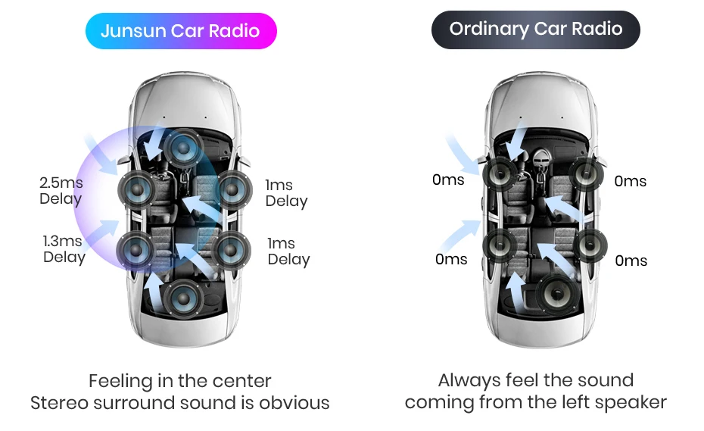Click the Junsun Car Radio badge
tap(180, 31)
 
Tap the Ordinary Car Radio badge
tap(535, 30)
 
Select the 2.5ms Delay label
tap(61, 191)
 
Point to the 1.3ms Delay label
tap(64, 249)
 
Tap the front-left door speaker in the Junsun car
tap(136, 188)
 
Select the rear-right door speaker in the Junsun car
tap(231, 248)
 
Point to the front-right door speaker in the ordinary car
tap(587, 174)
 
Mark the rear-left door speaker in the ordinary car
tap(500, 244)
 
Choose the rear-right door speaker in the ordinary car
tap(590, 244)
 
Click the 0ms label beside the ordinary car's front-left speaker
tap(448, 180)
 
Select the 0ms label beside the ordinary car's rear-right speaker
tap(631, 261)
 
